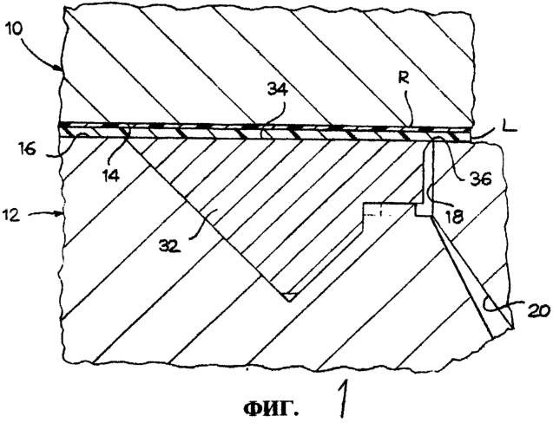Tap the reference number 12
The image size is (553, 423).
coord(11,214)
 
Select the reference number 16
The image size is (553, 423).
coord(27,149)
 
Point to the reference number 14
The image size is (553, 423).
coord(110,174)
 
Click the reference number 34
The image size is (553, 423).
coord(277,89)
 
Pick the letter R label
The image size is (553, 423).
coord(403,79)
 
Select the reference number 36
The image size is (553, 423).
coord(480,179)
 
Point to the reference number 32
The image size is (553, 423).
coord(170,245)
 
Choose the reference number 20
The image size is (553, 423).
coord(539,310)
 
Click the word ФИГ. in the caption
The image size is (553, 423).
coord(271,408)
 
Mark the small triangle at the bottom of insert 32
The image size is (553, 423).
coord(289,296)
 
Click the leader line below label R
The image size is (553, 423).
coord(407,107)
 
